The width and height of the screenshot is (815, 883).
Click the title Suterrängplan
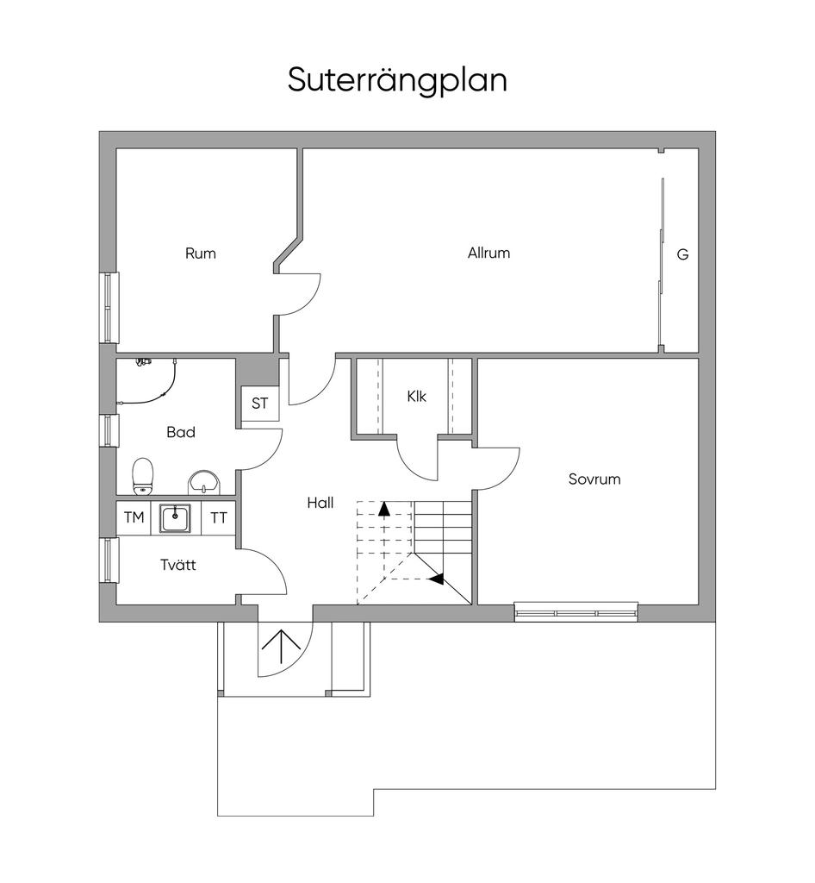point(397,80)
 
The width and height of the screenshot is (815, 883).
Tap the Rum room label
point(200,254)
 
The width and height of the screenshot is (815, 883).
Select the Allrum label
point(488,254)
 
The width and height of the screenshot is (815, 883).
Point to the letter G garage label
point(682,254)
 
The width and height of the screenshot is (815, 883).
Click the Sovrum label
point(594,479)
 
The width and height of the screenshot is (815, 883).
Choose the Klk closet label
point(416,397)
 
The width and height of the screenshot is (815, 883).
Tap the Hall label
point(320,503)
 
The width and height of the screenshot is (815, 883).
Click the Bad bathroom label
point(180,432)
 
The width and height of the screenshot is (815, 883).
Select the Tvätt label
point(177,565)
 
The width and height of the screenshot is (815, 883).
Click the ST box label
point(259,403)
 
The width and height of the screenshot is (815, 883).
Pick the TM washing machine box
point(134,517)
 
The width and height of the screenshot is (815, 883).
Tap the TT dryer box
point(219,517)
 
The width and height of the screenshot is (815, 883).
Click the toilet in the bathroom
point(143,476)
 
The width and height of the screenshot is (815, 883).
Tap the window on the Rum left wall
point(109,308)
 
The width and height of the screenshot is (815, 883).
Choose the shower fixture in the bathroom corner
point(145,363)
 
